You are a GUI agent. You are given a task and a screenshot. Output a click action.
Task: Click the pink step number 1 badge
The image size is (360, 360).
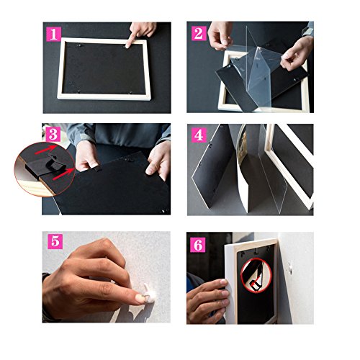tap(53, 34)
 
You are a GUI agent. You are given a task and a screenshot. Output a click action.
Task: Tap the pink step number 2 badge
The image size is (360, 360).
tap(199, 33)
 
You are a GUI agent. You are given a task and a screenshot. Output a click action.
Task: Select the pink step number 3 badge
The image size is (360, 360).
tap(53, 135)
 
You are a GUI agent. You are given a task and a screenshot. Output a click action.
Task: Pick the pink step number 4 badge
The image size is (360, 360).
tap(199, 135)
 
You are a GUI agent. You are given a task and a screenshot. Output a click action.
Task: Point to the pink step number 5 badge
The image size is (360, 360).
tap(55, 241)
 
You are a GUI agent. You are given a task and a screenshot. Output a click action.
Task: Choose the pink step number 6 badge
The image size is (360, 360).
tap(198, 245)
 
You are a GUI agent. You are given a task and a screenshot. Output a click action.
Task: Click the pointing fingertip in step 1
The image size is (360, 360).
tap(128, 45)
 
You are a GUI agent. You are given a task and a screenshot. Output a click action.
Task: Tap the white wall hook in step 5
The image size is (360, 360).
tap(149, 292)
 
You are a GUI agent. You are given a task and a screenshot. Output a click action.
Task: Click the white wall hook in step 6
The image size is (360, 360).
tap(290, 267)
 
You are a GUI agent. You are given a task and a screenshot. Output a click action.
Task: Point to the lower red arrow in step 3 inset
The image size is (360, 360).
tap(63, 174)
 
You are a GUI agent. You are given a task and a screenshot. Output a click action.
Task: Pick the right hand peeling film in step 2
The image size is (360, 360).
tap(297, 53)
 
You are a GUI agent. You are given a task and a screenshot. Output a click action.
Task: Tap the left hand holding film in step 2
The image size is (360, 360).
tap(220, 35)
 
